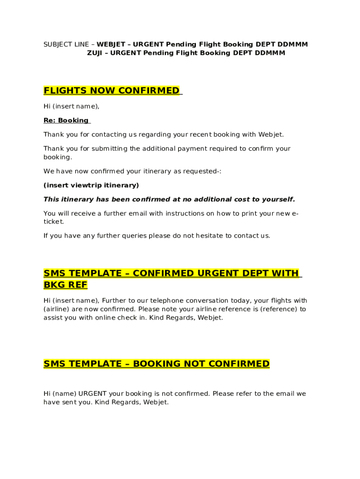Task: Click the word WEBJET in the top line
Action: [111, 44]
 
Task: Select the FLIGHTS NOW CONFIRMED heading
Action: [111, 90]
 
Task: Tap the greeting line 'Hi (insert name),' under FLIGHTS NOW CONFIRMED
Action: [72, 106]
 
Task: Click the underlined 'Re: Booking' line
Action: [66, 120]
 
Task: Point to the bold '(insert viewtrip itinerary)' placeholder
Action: [91, 185]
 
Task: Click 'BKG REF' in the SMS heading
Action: [65, 284]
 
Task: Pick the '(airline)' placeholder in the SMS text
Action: [58, 309]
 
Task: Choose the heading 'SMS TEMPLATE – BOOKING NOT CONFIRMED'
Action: [157, 363]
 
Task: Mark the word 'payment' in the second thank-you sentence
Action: [199, 149]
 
